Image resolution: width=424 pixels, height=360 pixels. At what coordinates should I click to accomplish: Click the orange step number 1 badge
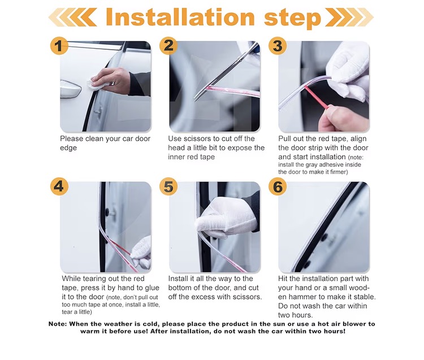coord(59,46)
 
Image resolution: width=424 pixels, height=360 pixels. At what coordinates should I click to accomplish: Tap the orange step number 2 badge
coord(168,46)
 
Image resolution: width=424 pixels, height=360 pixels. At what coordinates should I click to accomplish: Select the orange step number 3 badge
coord(277,46)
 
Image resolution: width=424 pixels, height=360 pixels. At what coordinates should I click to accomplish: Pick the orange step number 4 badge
coord(59,186)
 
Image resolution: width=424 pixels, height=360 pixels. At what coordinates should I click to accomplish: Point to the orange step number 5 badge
coord(168,186)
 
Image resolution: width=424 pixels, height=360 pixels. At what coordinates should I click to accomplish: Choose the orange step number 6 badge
coord(277,186)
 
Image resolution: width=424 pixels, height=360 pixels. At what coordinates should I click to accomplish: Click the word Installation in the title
coord(180,17)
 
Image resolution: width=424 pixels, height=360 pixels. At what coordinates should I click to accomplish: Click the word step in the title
coord(292,19)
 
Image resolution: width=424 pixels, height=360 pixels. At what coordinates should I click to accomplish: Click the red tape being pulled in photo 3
coord(317,97)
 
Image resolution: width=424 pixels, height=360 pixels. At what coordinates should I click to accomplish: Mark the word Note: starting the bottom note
coord(58,324)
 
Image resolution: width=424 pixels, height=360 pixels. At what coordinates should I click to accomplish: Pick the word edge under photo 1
coord(68,148)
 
